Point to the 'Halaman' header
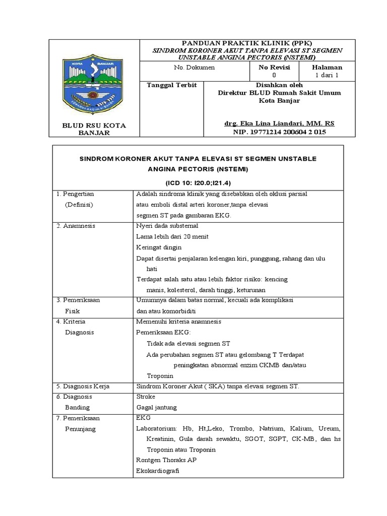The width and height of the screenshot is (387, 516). coord(327,67)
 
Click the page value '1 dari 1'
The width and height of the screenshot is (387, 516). coord(327,75)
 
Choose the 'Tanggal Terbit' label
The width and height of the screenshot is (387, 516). coord(171,85)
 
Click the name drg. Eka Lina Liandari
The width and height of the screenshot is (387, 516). coord(279,123)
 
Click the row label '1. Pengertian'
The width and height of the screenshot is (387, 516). coord(79,193)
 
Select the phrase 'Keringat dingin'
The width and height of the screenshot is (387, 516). coord(159,247)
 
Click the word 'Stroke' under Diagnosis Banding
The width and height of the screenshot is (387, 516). coord(146,397)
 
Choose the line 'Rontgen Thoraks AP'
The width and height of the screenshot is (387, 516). coord(166,460)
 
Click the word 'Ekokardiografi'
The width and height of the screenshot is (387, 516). coord(158,471)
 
